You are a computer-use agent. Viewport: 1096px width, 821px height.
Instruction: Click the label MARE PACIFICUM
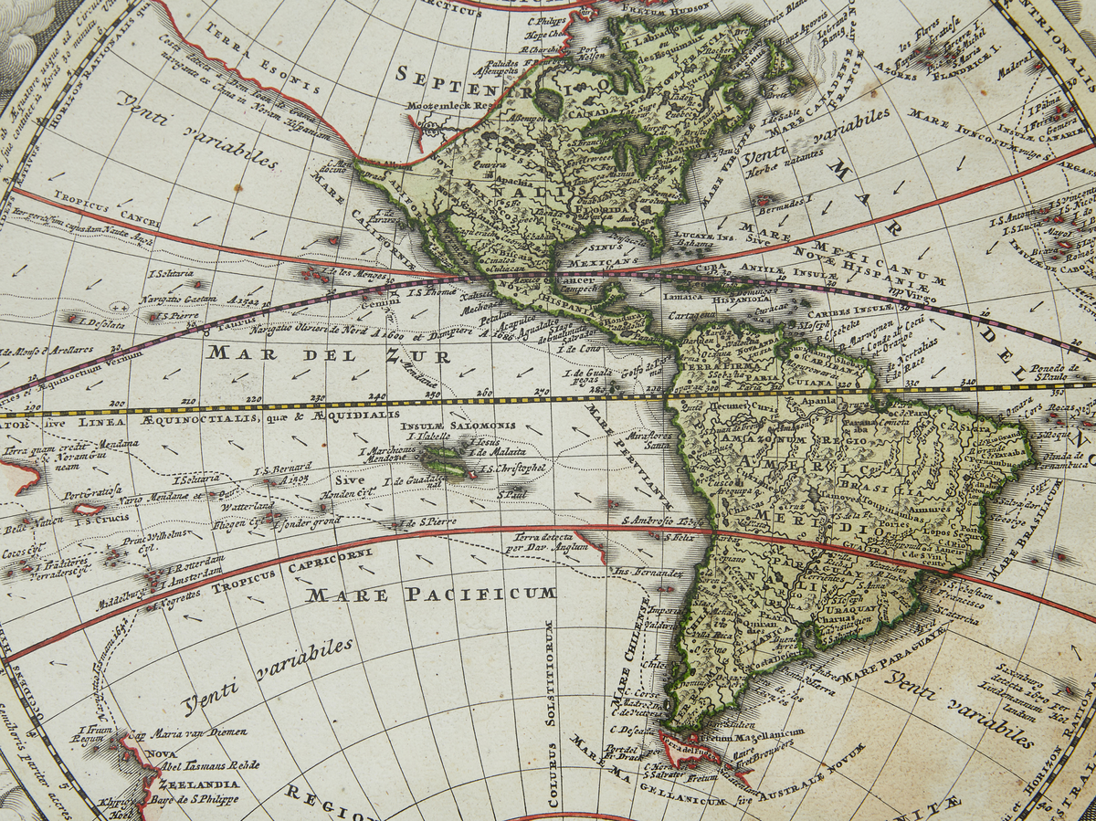click(431, 595)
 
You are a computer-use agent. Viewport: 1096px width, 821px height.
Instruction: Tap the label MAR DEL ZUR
click(330, 354)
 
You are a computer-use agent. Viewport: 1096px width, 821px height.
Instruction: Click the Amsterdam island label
click(193, 571)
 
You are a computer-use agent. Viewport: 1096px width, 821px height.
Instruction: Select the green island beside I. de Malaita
click(440, 455)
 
